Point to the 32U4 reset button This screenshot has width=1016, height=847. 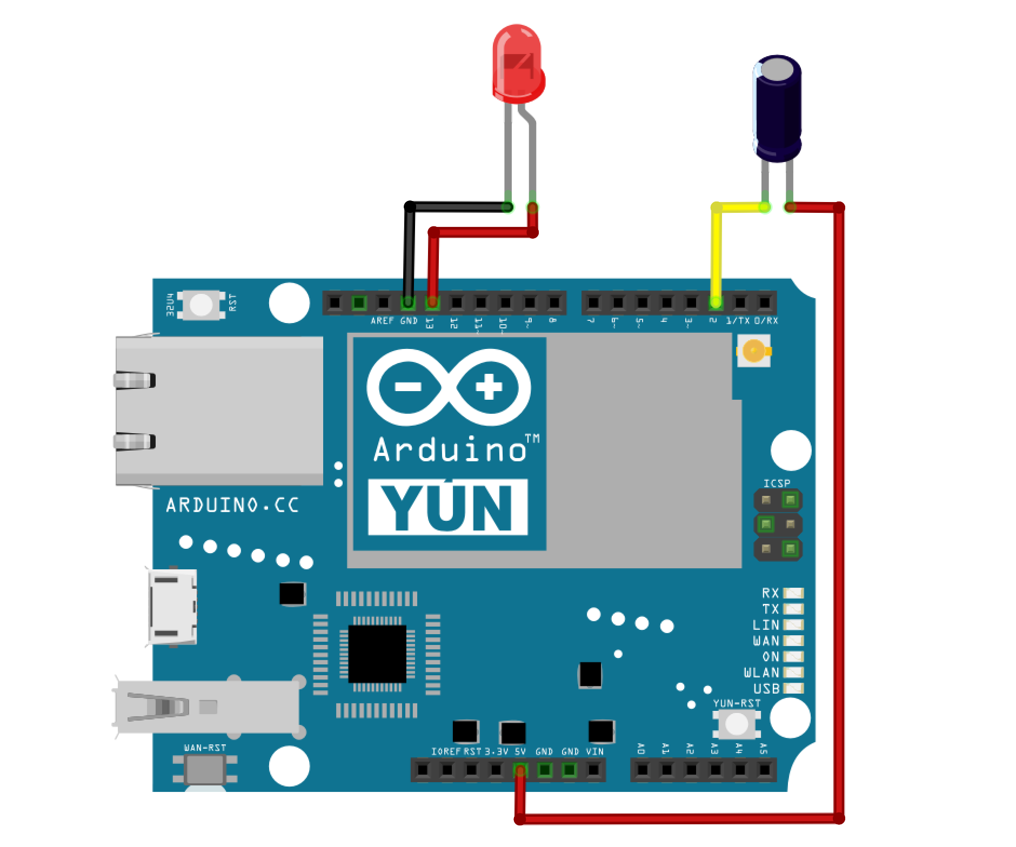coord(202,305)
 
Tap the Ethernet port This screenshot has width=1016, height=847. coord(219,411)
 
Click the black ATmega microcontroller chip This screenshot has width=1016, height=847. coord(377,654)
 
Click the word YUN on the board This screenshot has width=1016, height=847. coord(448,507)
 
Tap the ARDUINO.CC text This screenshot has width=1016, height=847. coord(232,505)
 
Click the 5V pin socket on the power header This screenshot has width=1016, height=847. coord(520,769)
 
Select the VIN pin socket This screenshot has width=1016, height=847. coord(593,769)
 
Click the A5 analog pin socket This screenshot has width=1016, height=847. coord(764,769)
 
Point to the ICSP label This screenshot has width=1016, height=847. coord(777,483)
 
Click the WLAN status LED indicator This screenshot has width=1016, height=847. coord(793,673)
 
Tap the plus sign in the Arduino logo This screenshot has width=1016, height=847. coord(489,387)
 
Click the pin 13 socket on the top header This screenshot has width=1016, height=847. coord(432,302)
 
